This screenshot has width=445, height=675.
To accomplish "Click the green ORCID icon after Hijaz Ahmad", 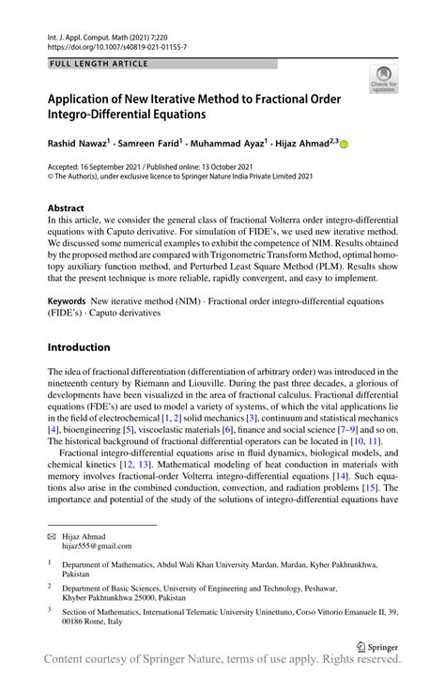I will click(344, 144).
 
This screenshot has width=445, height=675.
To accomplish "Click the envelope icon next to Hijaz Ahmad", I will click(53, 534).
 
